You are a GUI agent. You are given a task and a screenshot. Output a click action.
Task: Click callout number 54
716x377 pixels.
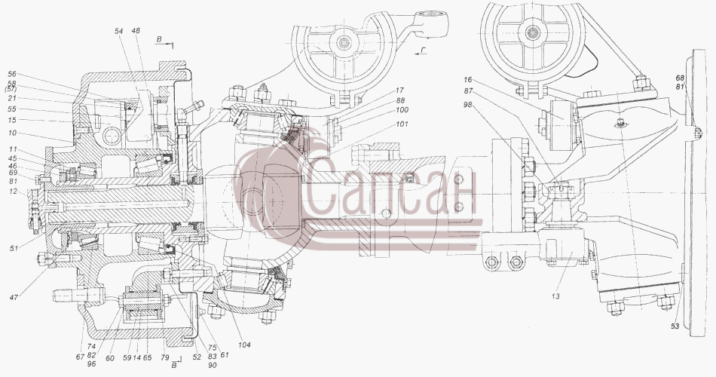pos(119,31)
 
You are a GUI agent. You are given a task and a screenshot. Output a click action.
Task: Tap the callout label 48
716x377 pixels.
pos(136,31)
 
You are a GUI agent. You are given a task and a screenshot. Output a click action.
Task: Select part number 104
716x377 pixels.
pos(244,345)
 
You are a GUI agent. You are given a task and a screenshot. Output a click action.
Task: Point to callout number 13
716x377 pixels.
pos(555,296)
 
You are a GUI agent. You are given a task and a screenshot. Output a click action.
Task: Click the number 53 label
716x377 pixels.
pos(675,326)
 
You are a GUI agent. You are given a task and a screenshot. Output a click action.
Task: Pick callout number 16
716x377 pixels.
pos(467,81)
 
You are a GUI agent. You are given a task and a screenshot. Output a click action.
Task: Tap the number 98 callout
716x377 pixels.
pos(467,105)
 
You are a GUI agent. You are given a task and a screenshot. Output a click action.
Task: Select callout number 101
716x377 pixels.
pos(402,124)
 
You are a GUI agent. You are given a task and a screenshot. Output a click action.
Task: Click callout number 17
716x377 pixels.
pos(400,90)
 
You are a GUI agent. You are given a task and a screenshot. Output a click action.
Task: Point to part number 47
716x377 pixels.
pos(14,297)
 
